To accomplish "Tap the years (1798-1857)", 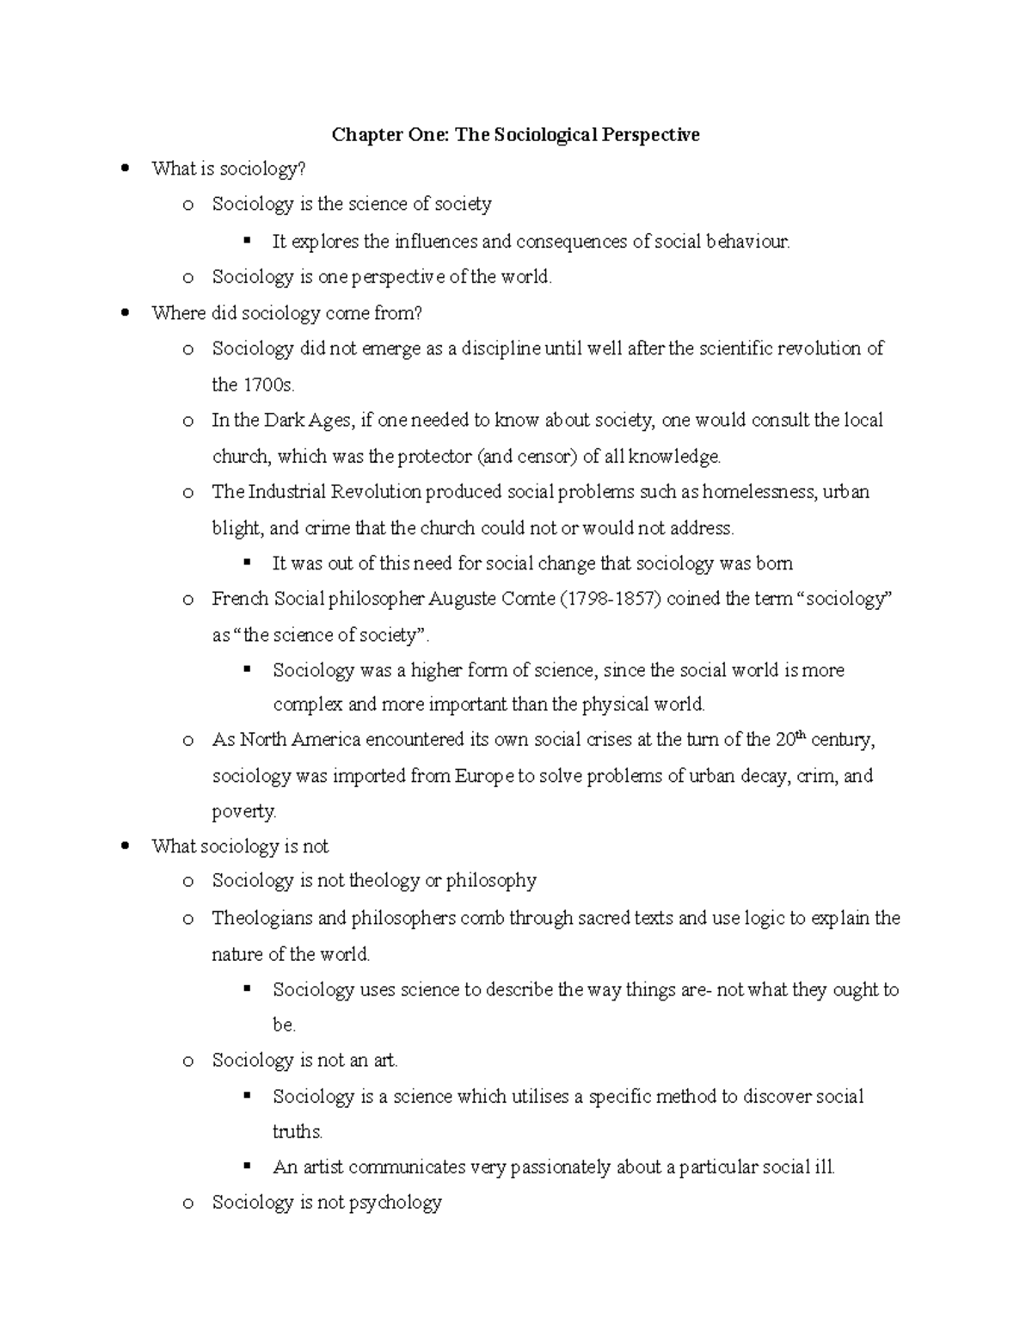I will (x=611, y=599).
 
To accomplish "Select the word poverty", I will (x=244, y=811).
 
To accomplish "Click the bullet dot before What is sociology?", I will (x=126, y=169).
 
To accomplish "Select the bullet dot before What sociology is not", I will (x=126, y=847).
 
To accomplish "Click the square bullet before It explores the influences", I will (x=248, y=240).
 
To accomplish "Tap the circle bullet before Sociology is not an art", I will (x=187, y=1062).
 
